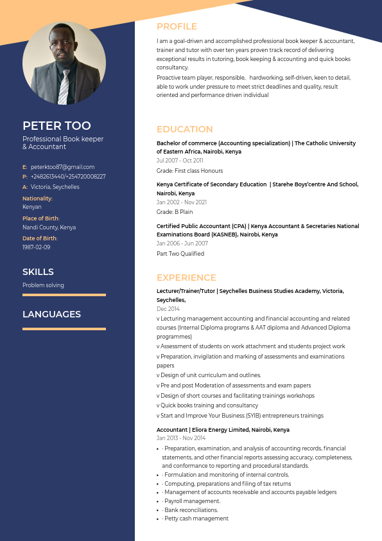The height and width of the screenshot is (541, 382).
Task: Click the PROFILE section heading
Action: pyautogui.click(x=177, y=26)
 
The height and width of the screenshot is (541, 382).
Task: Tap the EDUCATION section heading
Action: pyautogui.click(x=184, y=129)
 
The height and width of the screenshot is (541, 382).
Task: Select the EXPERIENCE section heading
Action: pyautogui.click(x=186, y=278)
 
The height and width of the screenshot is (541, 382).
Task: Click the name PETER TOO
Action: pyautogui.click(x=56, y=125)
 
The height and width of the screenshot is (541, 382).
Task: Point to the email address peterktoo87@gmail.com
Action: pyautogui.click(x=62, y=167)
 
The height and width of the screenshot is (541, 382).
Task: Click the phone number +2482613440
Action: pyautogui.click(x=47, y=177)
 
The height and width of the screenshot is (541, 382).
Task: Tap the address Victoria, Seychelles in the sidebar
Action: pyautogui.click(x=55, y=187)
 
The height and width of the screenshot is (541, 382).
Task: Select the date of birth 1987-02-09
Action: pyautogui.click(x=36, y=247)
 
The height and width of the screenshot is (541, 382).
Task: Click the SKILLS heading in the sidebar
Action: pyautogui.click(x=38, y=272)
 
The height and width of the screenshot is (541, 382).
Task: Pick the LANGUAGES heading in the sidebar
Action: pyautogui.click(x=51, y=314)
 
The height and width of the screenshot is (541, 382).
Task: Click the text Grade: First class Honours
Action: pyautogui.click(x=189, y=171)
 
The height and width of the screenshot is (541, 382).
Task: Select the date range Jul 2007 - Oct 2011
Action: pyautogui.click(x=180, y=161)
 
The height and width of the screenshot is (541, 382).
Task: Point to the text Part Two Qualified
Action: pyautogui.click(x=180, y=254)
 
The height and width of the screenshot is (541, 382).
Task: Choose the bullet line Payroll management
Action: pyautogui.click(x=192, y=501)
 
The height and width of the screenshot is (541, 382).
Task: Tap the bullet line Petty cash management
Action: pyautogui.click(x=196, y=519)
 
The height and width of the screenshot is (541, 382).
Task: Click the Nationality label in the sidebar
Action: pyautogui.click(x=37, y=199)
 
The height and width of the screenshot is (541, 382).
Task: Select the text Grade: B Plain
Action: pyautogui.click(x=175, y=212)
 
